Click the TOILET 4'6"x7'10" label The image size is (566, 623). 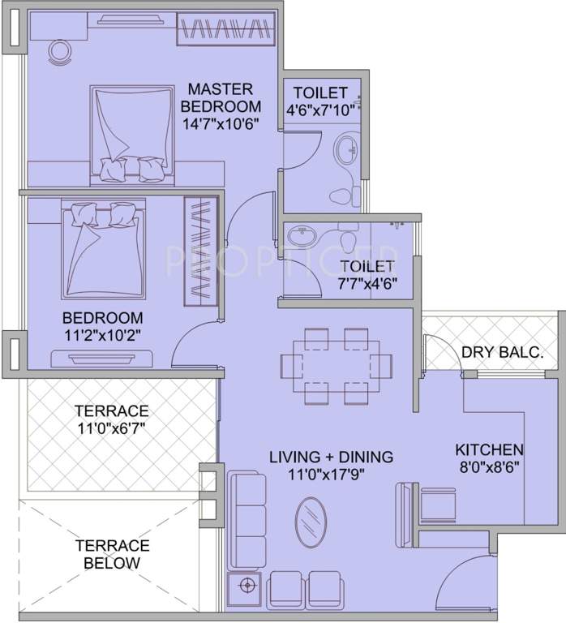click(x=320, y=93)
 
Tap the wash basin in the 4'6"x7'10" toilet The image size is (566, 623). click(x=347, y=149)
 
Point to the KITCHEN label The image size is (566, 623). click(x=488, y=449)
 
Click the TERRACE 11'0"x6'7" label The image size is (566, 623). click(x=112, y=418)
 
